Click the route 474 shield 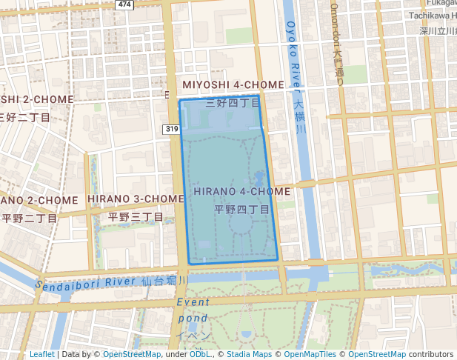click(x=124, y=4)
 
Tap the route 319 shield click(x=172, y=130)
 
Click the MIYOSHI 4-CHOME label click(x=233, y=85)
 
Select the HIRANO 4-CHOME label click(x=242, y=191)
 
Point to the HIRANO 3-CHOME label click(x=136, y=199)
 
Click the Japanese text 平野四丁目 click(x=242, y=210)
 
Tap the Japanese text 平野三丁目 click(x=136, y=217)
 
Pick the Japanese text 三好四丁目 click(x=233, y=103)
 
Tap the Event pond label click(x=193, y=310)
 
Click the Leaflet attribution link click(x=42, y=354)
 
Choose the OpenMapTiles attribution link click(x=307, y=354)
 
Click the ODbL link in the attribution click(x=200, y=354)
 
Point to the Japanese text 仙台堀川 click(x=164, y=281)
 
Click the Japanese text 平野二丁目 click(x=29, y=219)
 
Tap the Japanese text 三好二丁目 click(x=24, y=117)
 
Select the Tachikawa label click(x=433, y=16)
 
